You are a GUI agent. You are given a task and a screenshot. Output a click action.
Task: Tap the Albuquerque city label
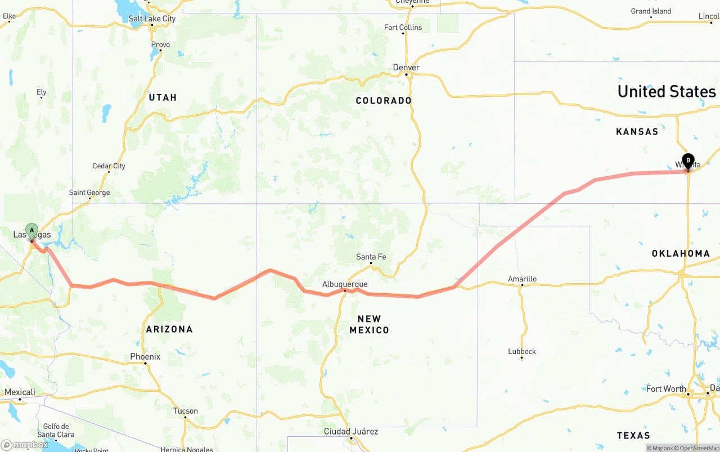[x=345, y=284]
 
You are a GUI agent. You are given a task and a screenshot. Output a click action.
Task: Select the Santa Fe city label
[x=371, y=257]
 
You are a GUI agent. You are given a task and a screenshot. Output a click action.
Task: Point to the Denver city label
[x=406, y=68]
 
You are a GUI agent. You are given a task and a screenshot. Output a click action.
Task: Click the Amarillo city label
[x=522, y=279]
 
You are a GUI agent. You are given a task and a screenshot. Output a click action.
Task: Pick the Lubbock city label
[x=522, y=351]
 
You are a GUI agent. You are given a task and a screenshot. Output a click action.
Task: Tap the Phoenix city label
[x=145, y=356]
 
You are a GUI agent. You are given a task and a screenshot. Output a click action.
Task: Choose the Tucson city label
[x=186, y=411]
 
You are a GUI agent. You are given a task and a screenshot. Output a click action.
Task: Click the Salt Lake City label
[x=152, y=19]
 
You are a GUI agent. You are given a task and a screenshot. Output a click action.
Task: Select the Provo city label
[x=160, y=44]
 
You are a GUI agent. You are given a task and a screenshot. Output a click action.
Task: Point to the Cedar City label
[x=109, y=166]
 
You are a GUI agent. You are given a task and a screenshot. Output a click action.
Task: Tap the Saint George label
[x=89, y=193]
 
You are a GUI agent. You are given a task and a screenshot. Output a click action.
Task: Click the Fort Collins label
[x=403, y=28]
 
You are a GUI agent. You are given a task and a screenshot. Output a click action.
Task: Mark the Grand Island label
[x=651, y=11]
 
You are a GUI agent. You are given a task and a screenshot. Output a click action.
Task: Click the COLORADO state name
[x=384, y=101]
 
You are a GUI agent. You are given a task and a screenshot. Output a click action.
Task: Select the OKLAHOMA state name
[x=681, y=253]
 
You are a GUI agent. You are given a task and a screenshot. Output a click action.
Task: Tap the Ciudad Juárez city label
[x=351, y=432]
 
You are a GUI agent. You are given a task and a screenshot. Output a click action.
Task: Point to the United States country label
[x=667, y=91]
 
